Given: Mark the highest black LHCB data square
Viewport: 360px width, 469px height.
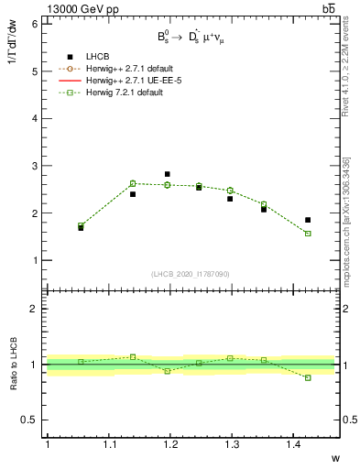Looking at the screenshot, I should (167, 174).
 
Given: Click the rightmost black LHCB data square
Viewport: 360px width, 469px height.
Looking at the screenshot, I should (308, 220).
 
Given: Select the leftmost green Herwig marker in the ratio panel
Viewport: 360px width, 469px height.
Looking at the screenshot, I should (81, 362).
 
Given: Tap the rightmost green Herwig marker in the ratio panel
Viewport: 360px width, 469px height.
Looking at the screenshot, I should (308, 377).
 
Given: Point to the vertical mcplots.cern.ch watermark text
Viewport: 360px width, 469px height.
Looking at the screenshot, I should (346, 229).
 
